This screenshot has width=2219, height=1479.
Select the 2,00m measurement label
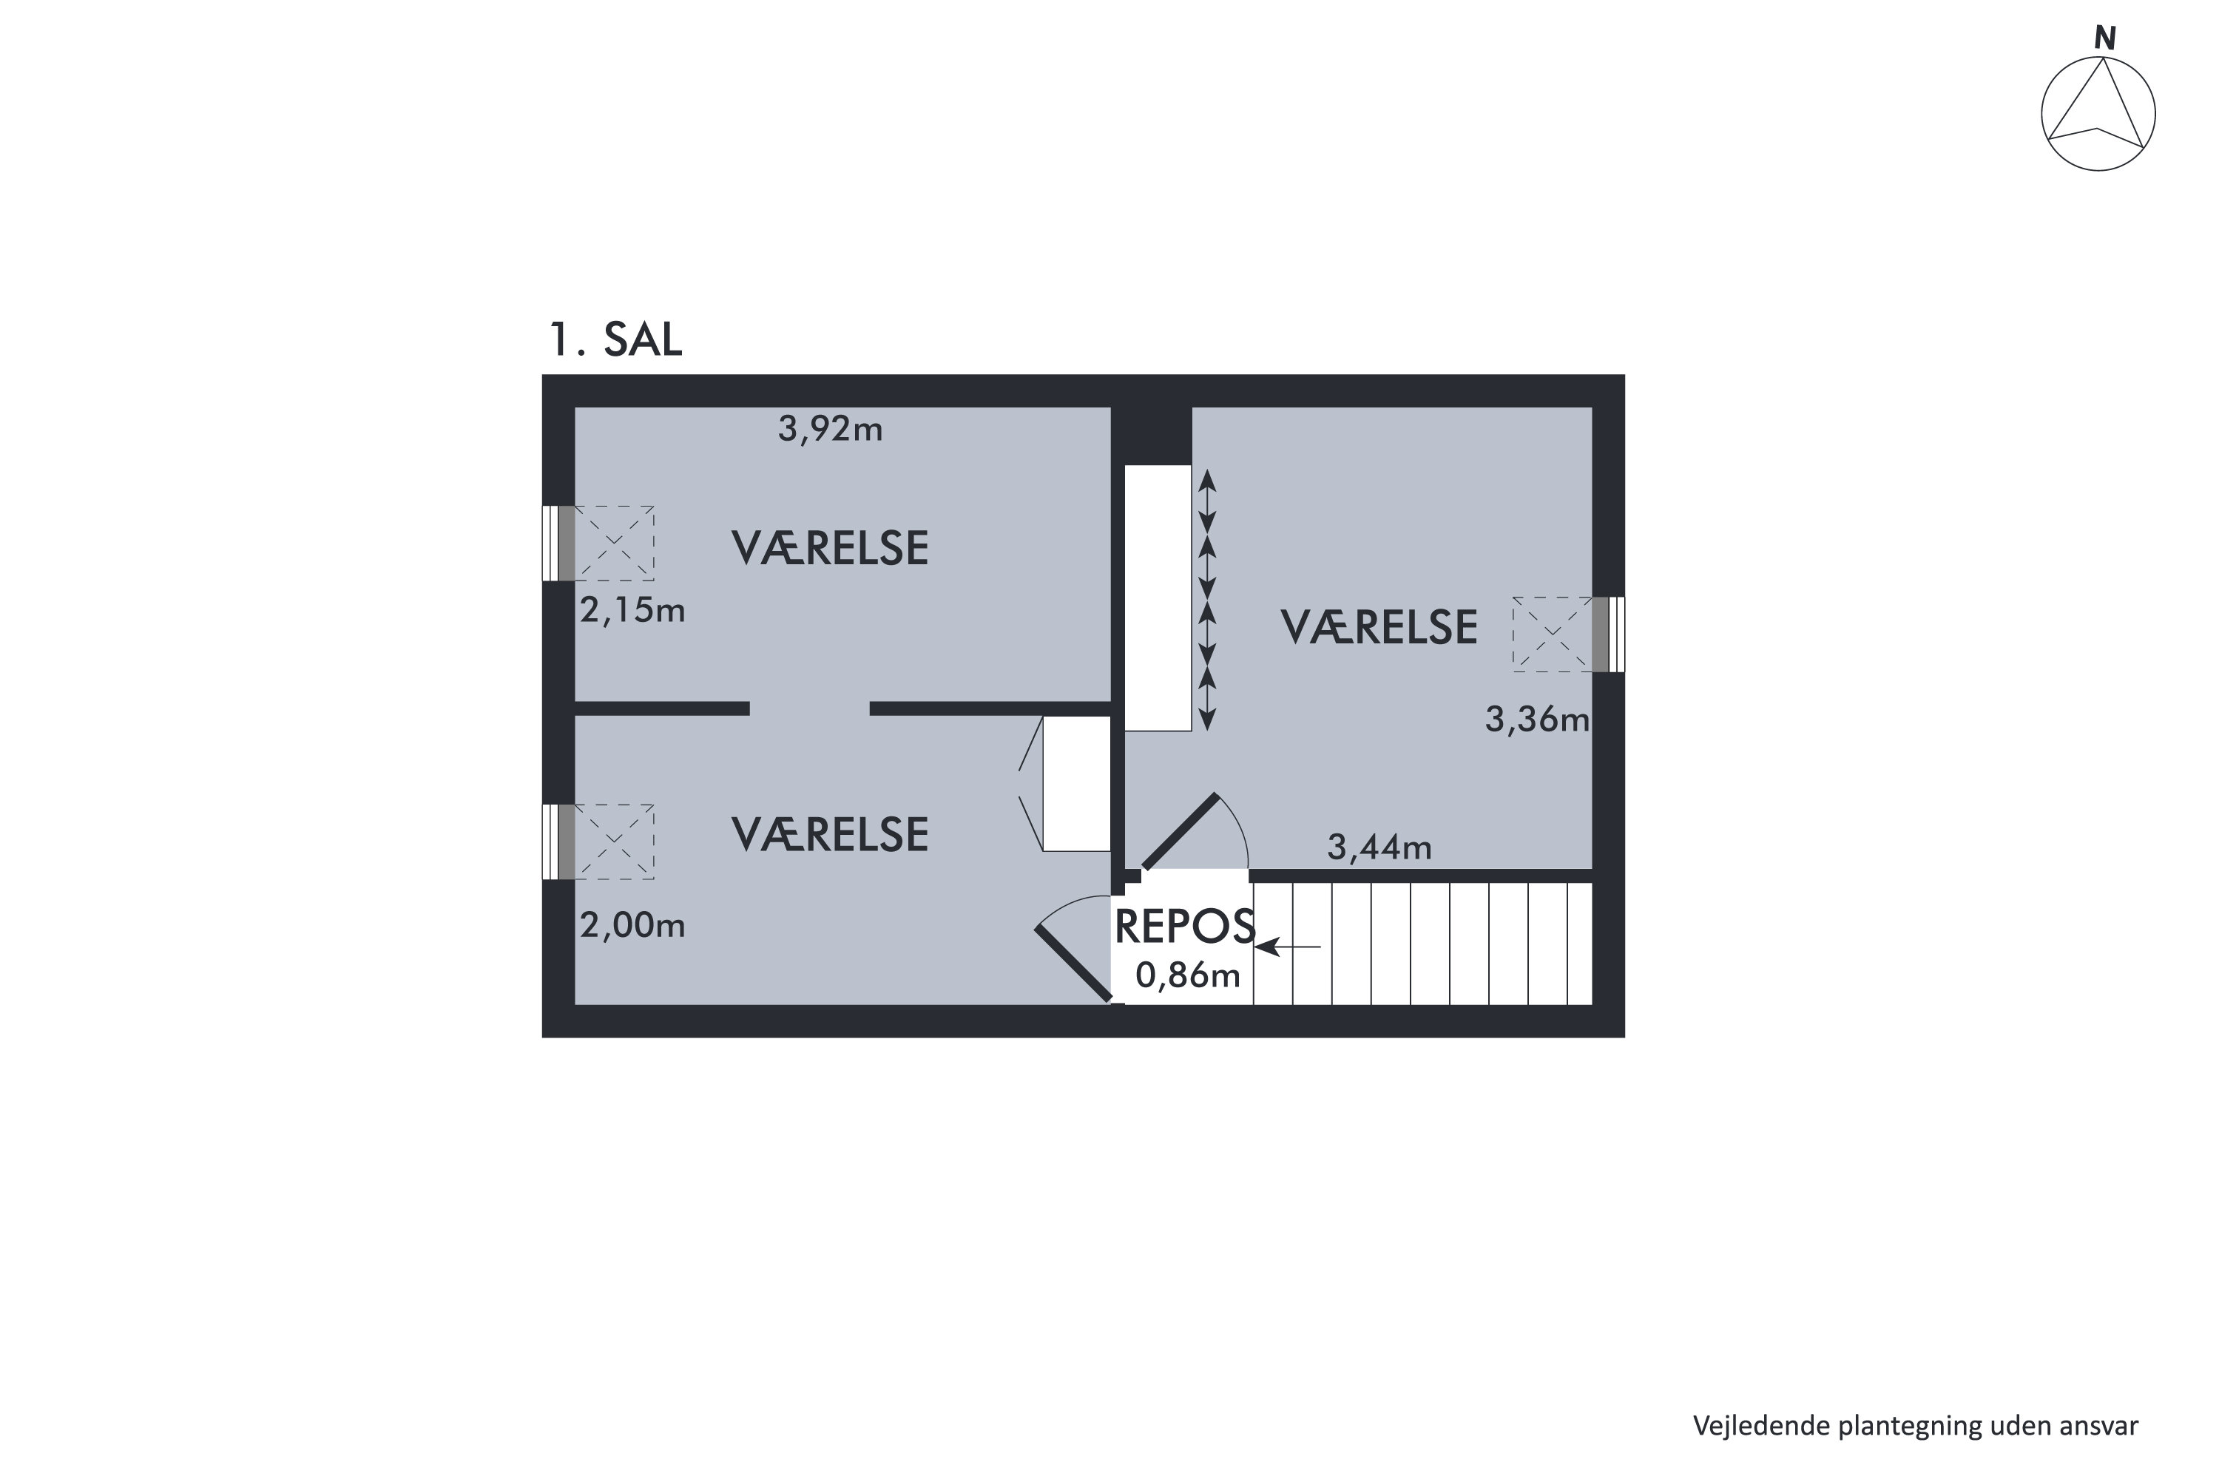click(632, 925)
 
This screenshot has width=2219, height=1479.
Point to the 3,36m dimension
click(1536, 720)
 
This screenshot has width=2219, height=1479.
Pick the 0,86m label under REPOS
click(1187, 975)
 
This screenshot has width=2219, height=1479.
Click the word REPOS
click(1184, 927)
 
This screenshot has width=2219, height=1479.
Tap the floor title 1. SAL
click(615, 339)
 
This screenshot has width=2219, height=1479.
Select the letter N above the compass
click(2104, 38)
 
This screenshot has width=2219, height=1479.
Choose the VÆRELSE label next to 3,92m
click(829, 549)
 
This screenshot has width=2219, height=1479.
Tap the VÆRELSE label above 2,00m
click(829, 835)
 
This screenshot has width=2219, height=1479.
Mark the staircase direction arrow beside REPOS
click(1287, 946)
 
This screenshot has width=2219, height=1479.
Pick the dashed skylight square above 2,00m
click(614, 842)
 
